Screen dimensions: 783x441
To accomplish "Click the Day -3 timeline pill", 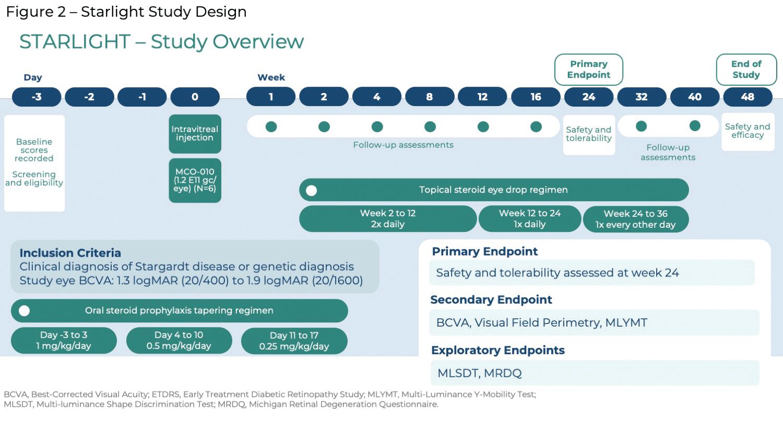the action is tap(37, 97).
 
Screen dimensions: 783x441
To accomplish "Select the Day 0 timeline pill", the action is tap(195, 97).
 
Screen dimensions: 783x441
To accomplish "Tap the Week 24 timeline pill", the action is tap(589, 97).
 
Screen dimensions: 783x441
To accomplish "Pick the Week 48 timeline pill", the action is tap(748, 97).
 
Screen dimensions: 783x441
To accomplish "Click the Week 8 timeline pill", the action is tap(430, 97).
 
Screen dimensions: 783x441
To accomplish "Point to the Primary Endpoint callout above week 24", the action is tap(589, 69).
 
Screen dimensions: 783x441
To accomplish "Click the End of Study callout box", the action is tap(746, 69).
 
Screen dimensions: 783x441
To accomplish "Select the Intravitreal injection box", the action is tap(195, 134).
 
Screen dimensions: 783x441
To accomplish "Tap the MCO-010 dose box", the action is tap(195, 180).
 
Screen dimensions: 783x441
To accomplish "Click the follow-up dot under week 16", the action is tap(536, 126).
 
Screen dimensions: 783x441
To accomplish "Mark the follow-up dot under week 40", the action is tap(695, 125).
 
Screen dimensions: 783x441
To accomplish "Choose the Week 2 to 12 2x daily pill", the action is tap(388, 219).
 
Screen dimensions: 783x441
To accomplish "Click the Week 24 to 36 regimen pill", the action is tap(636, 219).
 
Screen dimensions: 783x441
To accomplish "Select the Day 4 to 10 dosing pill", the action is tap(179, 340).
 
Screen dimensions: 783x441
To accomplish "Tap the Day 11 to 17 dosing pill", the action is tap(294, 341).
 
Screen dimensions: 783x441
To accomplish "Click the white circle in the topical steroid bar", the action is tap(311, 190).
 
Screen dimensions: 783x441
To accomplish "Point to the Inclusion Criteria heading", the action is tap(70, 253).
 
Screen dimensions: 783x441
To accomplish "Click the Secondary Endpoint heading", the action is tap(491, 299).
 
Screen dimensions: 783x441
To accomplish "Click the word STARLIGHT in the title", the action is tap(75, 42).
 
